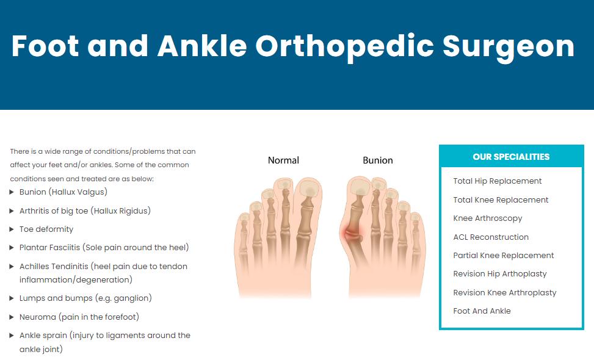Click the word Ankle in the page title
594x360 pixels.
(202, 46)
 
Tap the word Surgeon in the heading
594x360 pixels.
(509, 48)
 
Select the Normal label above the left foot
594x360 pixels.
(283, 160)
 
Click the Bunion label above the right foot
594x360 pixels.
(378, 160)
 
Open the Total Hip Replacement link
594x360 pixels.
(498, 181)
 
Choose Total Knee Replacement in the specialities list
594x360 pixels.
(501, 200)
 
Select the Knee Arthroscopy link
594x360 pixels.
(488, 218)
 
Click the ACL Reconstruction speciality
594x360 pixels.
(491, 237)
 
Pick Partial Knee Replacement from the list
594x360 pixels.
(504, 256)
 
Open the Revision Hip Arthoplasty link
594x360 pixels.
(500, 274)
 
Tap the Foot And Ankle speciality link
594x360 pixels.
(482, 311)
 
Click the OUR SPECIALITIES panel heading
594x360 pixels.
(511, 157)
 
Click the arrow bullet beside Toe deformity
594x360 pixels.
(12, 229)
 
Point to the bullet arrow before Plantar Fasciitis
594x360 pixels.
(12, 248)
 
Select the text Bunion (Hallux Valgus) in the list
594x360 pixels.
(63, 192)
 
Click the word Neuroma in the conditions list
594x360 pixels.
(37, 317)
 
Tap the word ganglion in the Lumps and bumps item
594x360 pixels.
(132, 298)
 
